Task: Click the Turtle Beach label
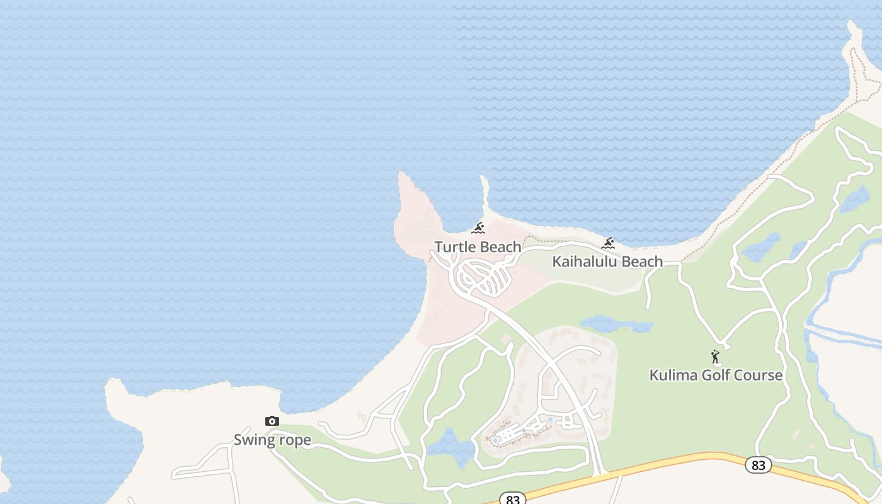point(478,247)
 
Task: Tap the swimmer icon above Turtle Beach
point(478,228)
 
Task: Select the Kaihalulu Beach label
point(607,261)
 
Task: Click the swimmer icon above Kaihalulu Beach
point(608,243)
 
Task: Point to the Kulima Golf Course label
point(716,375)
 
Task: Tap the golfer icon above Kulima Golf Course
point(715,357)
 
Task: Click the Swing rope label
point(272,440)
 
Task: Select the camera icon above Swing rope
point(272,421)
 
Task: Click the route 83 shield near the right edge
point(758,465)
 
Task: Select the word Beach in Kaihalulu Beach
point(641,261)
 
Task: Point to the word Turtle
point(454,247)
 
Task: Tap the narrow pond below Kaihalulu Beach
point(616,324)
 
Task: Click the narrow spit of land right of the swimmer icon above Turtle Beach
point(485,195)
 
